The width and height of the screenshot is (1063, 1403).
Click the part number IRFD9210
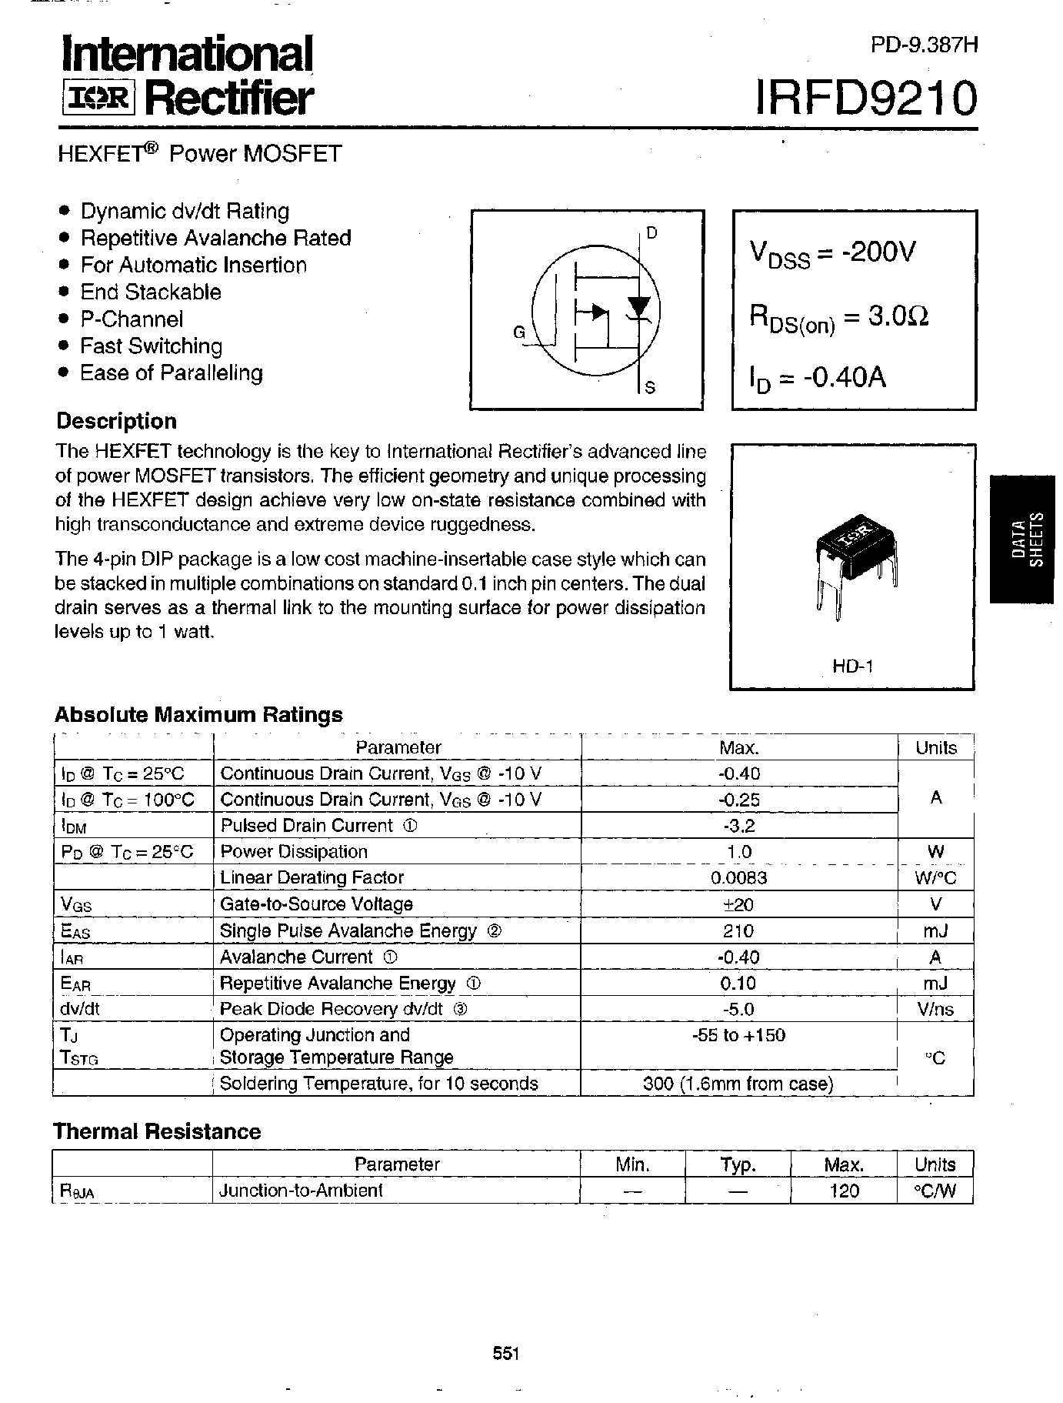[867, 99]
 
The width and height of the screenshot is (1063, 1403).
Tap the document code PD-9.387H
[924, 45]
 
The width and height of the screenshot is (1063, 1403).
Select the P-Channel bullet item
[132, 319]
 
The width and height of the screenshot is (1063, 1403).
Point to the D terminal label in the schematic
[651, 233]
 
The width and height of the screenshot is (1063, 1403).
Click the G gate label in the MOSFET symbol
[519, 332]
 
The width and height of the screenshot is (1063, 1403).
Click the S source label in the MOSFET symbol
[650, 387]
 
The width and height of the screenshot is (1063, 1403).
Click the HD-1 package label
[852, 666]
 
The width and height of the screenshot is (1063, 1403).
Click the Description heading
[116, 421]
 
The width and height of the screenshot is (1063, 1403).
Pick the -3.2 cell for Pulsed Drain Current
[738, 826]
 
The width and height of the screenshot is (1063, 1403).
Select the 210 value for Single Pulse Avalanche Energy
[738, 930]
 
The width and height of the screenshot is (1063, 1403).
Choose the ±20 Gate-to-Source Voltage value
[738, 904]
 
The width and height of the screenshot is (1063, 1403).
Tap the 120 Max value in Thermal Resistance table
[844, 1191]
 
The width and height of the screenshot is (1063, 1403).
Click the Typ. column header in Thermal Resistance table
[738, 1164]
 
